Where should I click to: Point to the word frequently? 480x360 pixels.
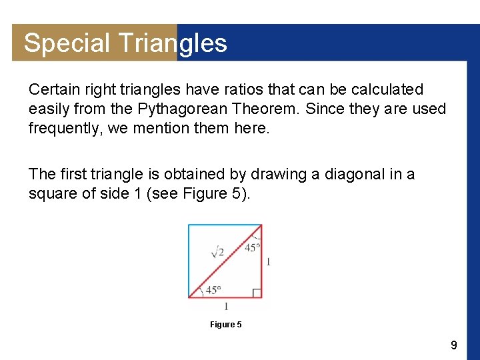tap(65, 128)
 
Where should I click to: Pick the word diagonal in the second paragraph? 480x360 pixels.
tap(355, 175)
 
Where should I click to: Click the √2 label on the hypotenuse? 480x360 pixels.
tap(217, 251)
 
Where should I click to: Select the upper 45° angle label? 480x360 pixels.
tap(252, 247)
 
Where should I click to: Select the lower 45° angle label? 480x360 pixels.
tap(213, 290)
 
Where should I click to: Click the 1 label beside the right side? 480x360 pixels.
tap(268, 262)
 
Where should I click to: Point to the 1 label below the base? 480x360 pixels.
tap(226, 306)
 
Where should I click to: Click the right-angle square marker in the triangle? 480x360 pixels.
tap(257, 293)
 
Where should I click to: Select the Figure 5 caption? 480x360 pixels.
tap(225, 325)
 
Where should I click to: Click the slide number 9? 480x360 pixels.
tap(453, 345)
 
